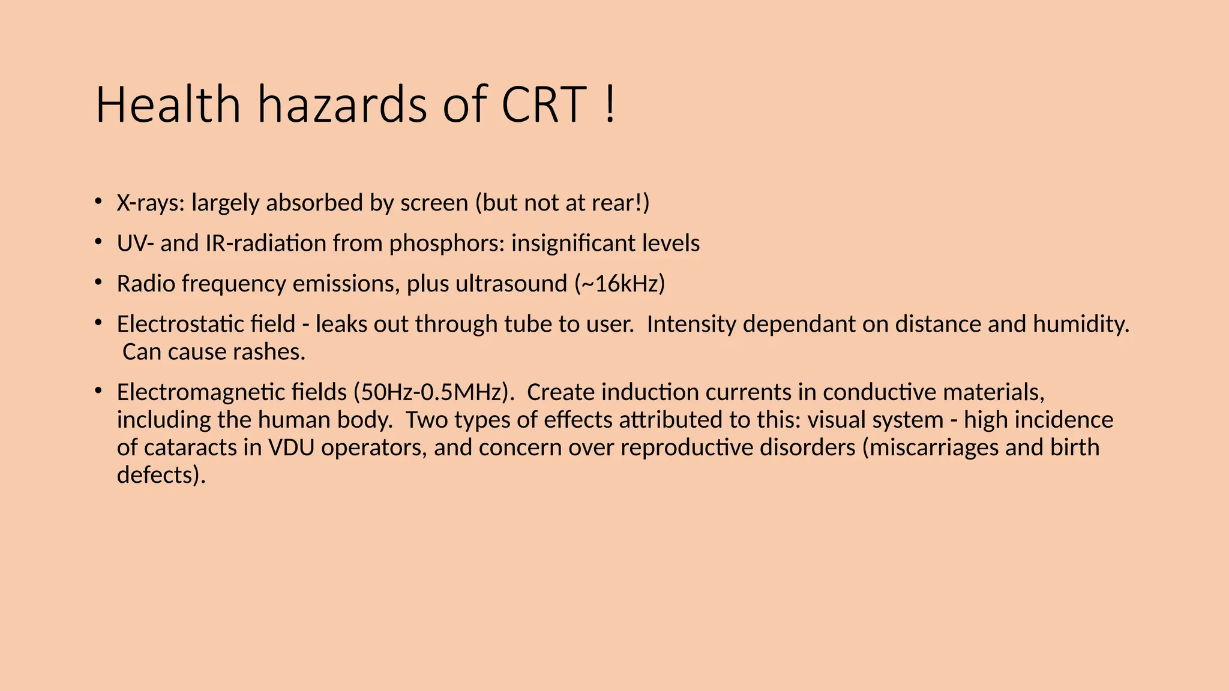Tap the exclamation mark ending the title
[x=610, y=105]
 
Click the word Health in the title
[x=168, y=105]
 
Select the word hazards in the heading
[x=343, y=105]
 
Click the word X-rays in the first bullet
[x=151, y=203]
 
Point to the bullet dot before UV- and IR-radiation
[x=98, y=242]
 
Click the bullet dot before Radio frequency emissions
[x=98, y=282]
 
